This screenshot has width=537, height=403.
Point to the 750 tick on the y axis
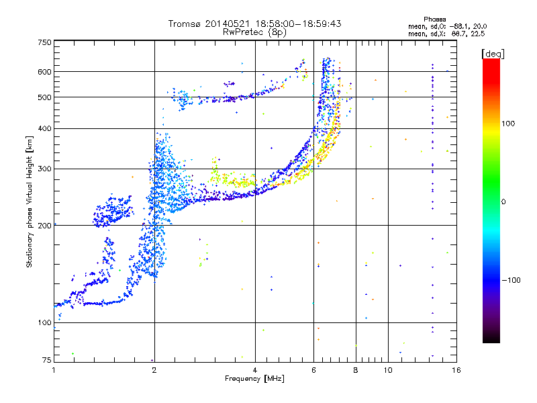tap(44, 42)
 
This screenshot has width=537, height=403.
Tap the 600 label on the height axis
tap(44, 72)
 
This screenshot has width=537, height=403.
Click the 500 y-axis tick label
tap(44, 97)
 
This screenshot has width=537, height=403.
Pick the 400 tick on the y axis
tap(44, 128)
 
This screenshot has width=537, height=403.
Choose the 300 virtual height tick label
tap(44, 169)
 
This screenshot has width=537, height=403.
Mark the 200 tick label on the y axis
tap(44, 226)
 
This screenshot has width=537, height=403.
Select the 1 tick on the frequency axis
tap(54, 370)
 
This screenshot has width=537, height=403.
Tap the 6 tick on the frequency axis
tap(314, 370)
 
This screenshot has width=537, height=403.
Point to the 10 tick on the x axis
tap(388, 370)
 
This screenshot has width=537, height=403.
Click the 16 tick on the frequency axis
tap(456, 370)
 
